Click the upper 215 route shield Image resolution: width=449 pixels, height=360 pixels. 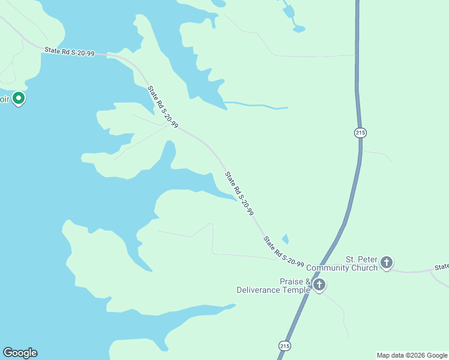point(360,133)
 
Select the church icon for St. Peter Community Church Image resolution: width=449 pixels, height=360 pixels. point(387,262)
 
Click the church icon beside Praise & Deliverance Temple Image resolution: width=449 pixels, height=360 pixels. point(319,284)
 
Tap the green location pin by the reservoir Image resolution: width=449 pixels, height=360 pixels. point(19,98)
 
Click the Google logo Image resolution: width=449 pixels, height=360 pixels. point(20,353)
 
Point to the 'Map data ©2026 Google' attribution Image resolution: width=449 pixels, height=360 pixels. point(412,355)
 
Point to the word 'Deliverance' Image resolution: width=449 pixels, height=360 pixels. point(258,290)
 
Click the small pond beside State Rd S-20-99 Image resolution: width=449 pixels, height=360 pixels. point(285,239)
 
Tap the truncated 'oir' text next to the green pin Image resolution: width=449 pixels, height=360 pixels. point(5,100)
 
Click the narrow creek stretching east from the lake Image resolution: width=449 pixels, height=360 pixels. point(258,106)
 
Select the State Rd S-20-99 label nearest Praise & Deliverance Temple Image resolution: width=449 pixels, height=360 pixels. point(283,251)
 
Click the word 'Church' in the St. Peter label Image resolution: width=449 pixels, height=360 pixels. point(366,268)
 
